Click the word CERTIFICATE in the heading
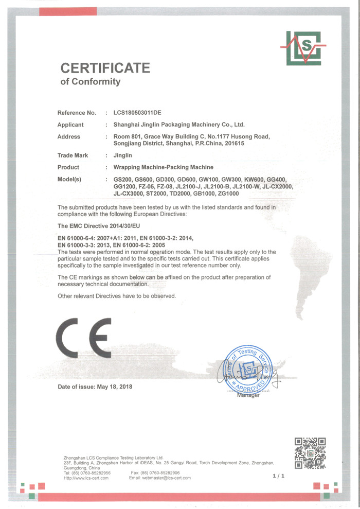[105, 68]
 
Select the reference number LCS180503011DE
[140, 112]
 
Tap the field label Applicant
[70, 125]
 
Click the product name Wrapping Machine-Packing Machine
[163, 167]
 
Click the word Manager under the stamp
[248, 395]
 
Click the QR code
[310, 453]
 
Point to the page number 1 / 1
[278, 477]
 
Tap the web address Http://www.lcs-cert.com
[86, 478]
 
